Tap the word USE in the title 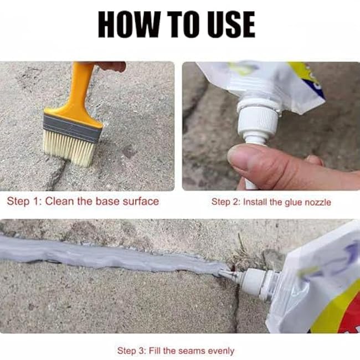(228, 24)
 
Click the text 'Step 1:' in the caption (23, 201)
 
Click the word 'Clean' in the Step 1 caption (58, 201)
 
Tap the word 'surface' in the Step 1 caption (138, 201)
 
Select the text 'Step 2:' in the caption (226, 202)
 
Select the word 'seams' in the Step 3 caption (190, 351)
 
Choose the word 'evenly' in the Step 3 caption (220, 351)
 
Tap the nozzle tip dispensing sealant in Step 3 (227, 272)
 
